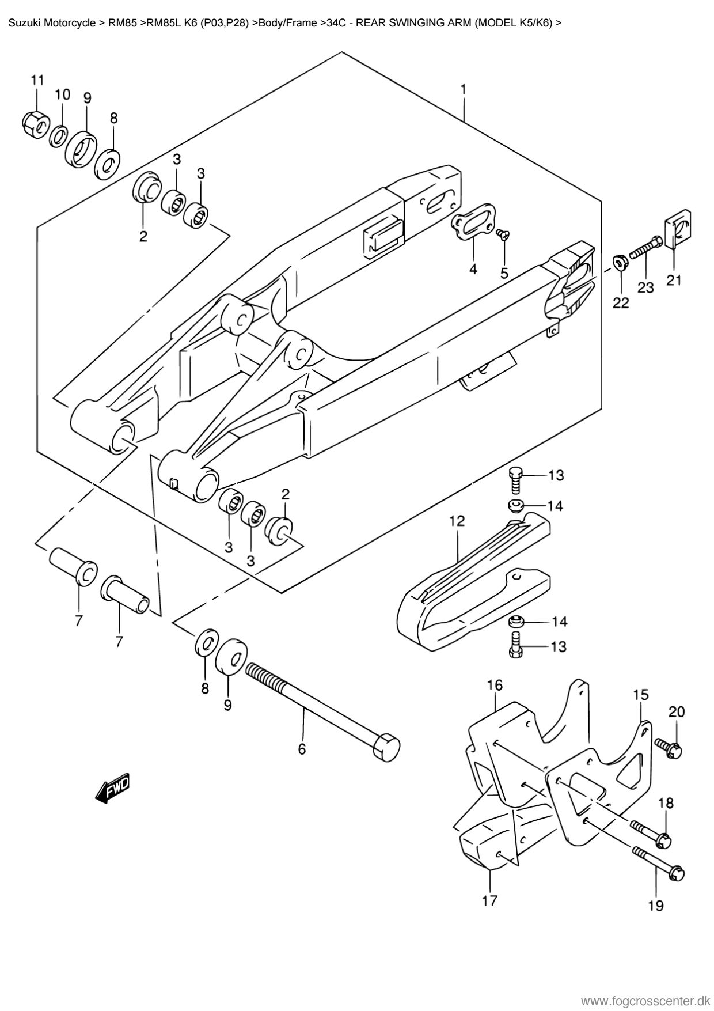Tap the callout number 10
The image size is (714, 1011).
pyautogui.click(x=62, y=94)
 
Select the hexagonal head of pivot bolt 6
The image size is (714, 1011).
pyautogui.click(x=386, y=748)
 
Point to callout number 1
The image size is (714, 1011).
pyautogui.click(x=462, y=90)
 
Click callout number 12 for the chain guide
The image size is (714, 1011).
pyautogui.click(x=457, y=521)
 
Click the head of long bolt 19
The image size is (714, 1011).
pyautogui.click(x=677, y=873)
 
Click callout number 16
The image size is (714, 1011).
pyautogui.click(x=495, y=685)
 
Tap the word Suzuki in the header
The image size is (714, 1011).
pyautogui.click(x=24, y=24)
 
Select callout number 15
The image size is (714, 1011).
pyautogui.click(x=641, y=695)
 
